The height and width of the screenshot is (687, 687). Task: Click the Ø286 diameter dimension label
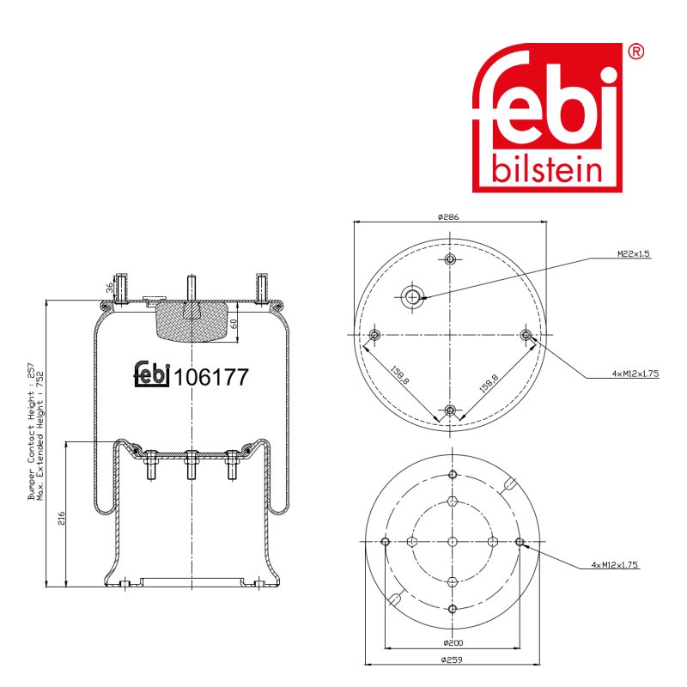[x=448, y=217]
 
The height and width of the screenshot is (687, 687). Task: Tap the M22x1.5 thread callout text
[x=634, y=253]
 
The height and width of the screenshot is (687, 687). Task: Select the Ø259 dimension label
[x=452, y=659]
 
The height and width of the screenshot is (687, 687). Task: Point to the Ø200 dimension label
[x=453, y=642]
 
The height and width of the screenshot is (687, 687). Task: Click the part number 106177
[x=211, y=377]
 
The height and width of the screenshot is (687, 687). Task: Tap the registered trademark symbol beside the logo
[x=636, y=52]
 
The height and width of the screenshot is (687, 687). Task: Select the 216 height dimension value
[x=61, y=518]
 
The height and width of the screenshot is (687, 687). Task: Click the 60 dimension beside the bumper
[x=234, y=324]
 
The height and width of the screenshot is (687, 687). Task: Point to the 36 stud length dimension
[x=110, y=287]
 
